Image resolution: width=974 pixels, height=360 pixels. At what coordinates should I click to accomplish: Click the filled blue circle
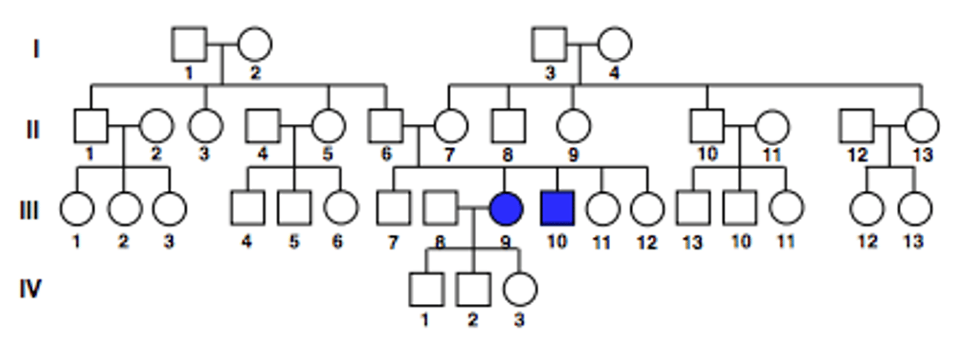(506, 208)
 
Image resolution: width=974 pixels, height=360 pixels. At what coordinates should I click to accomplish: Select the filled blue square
(557, 208)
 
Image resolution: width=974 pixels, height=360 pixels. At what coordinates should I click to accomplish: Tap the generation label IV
(30, 289)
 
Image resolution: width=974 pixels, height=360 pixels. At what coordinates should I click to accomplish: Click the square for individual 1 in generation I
(189, 44)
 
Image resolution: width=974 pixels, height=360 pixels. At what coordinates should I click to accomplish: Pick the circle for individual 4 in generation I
(614, 44)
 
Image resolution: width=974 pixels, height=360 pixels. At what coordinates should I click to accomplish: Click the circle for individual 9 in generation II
(573, 125)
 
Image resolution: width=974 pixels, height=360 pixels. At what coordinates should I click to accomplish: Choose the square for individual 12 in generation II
(856, 125)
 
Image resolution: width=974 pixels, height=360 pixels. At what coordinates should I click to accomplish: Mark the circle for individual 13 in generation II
(921, 125)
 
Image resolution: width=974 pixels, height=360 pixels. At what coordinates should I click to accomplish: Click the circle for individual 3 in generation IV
(519, 289)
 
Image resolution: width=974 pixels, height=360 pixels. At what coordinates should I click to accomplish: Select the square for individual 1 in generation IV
(426, 289)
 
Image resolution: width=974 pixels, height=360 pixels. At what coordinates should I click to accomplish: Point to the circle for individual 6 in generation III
(340, 208)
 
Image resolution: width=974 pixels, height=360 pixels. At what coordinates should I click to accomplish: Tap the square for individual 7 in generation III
(394, 208)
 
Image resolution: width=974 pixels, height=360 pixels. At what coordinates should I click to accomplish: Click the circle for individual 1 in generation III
(76, 208)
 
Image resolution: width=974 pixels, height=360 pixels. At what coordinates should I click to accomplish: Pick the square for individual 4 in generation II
(263, 125)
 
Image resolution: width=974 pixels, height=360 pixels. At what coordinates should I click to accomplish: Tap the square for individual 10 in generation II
(708, 125)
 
